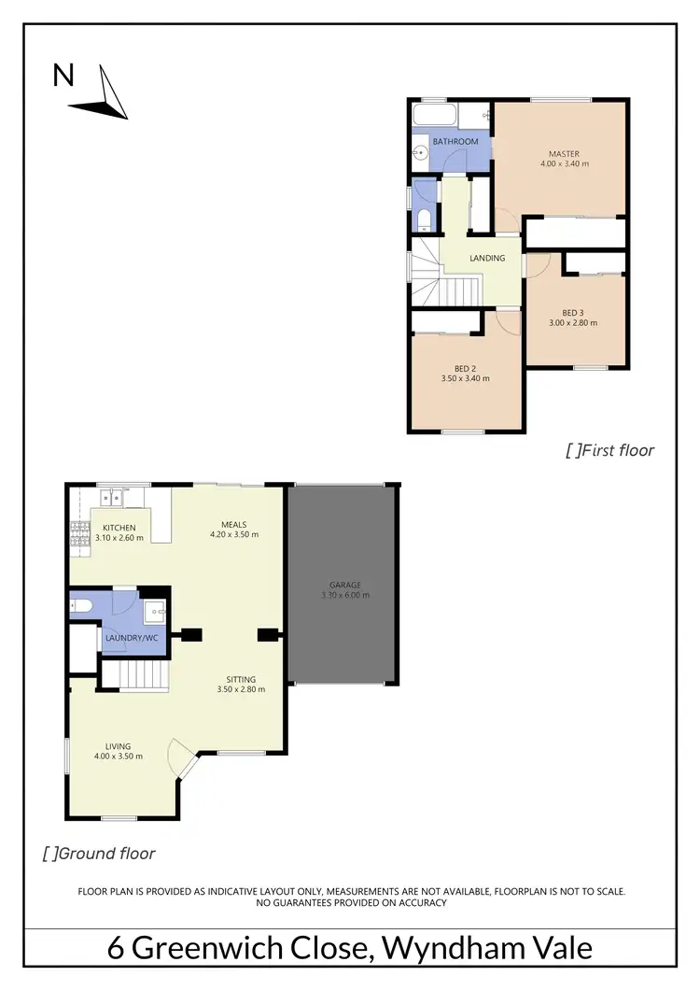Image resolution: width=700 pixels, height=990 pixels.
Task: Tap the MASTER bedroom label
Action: (x=564, y=154)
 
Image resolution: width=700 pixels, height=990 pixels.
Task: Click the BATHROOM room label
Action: (x=455, y=142)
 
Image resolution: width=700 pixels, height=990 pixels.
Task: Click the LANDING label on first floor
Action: (x=487, y=259)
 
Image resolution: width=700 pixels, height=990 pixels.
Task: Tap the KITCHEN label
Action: (x=119, y=529)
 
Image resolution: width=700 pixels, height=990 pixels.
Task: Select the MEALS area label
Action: (x=234, y=524)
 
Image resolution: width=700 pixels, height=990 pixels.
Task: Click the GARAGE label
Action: (x=344, y=586)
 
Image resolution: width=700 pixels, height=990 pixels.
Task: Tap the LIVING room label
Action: (x=119, y=745)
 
